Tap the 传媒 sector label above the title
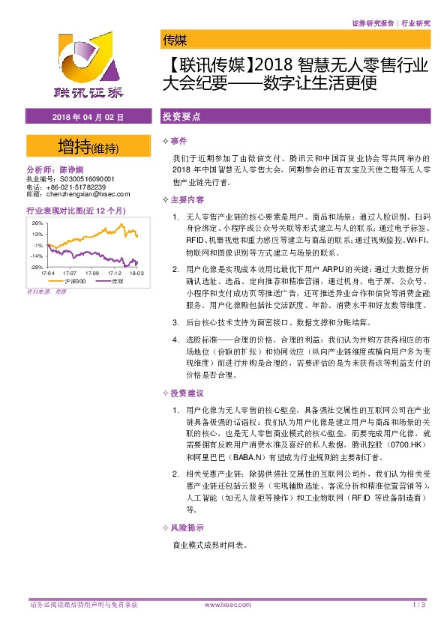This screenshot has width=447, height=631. pos(174,40)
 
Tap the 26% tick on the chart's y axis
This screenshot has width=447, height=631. pos(37,223)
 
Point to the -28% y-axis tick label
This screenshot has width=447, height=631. pos(36,267)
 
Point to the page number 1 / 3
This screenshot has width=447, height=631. pos(419,604)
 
